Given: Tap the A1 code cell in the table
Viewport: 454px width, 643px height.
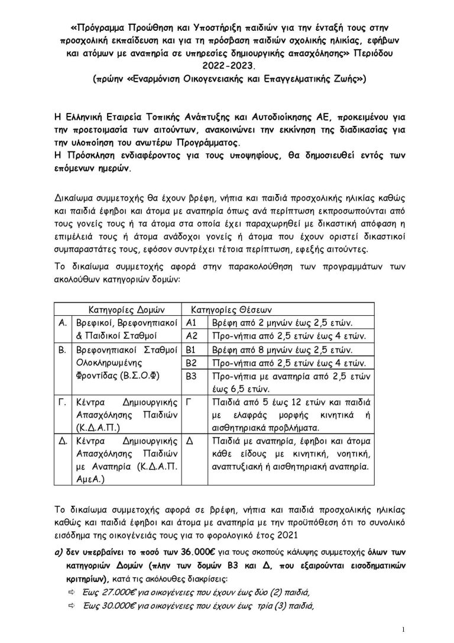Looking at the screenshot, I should [x=192, y=323].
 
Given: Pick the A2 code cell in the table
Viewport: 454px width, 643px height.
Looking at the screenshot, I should [x=192, y=336].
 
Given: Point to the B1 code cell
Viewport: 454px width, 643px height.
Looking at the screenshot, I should [x=191, y=350].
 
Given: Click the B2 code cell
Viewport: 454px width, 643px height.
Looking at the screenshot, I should [x=191, y=363].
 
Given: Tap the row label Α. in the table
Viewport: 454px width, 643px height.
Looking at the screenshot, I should [x=62, y=323].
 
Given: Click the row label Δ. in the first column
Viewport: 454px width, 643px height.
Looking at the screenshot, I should [x=62, y=441].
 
